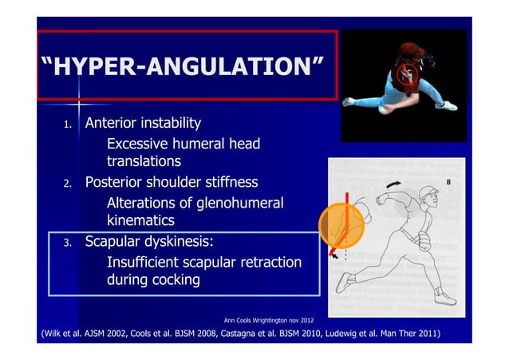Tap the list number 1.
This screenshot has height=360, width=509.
68,125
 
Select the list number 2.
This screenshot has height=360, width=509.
68,184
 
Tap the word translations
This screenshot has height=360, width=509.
144,163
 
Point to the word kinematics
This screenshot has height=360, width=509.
140,221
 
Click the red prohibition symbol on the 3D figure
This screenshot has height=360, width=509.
405,77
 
